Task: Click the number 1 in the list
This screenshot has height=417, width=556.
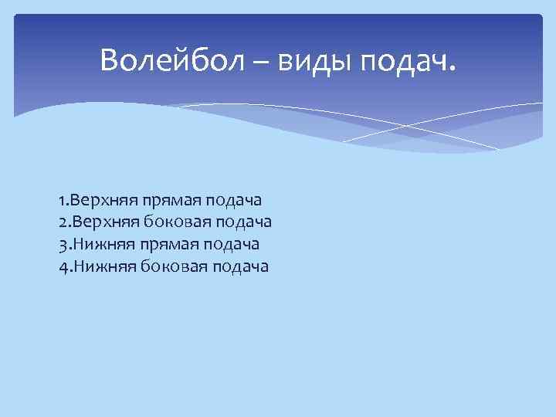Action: [60, 200]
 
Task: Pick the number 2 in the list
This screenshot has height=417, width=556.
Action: [61, 222]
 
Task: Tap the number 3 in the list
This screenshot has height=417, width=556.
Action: [61, 245]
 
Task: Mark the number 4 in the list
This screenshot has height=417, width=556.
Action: [61, 267]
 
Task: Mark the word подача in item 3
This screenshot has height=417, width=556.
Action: [232, 245]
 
